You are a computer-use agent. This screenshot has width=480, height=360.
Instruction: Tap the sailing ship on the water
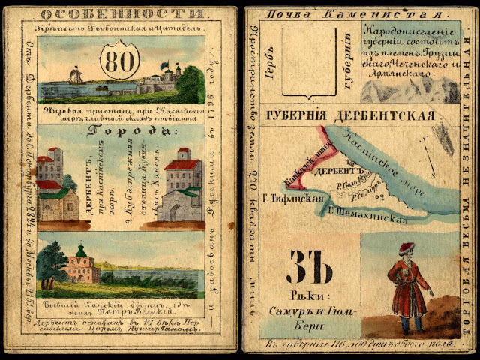[x=76, y=76]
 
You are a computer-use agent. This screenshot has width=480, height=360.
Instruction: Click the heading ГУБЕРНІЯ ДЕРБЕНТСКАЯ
[x=349, y=115]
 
